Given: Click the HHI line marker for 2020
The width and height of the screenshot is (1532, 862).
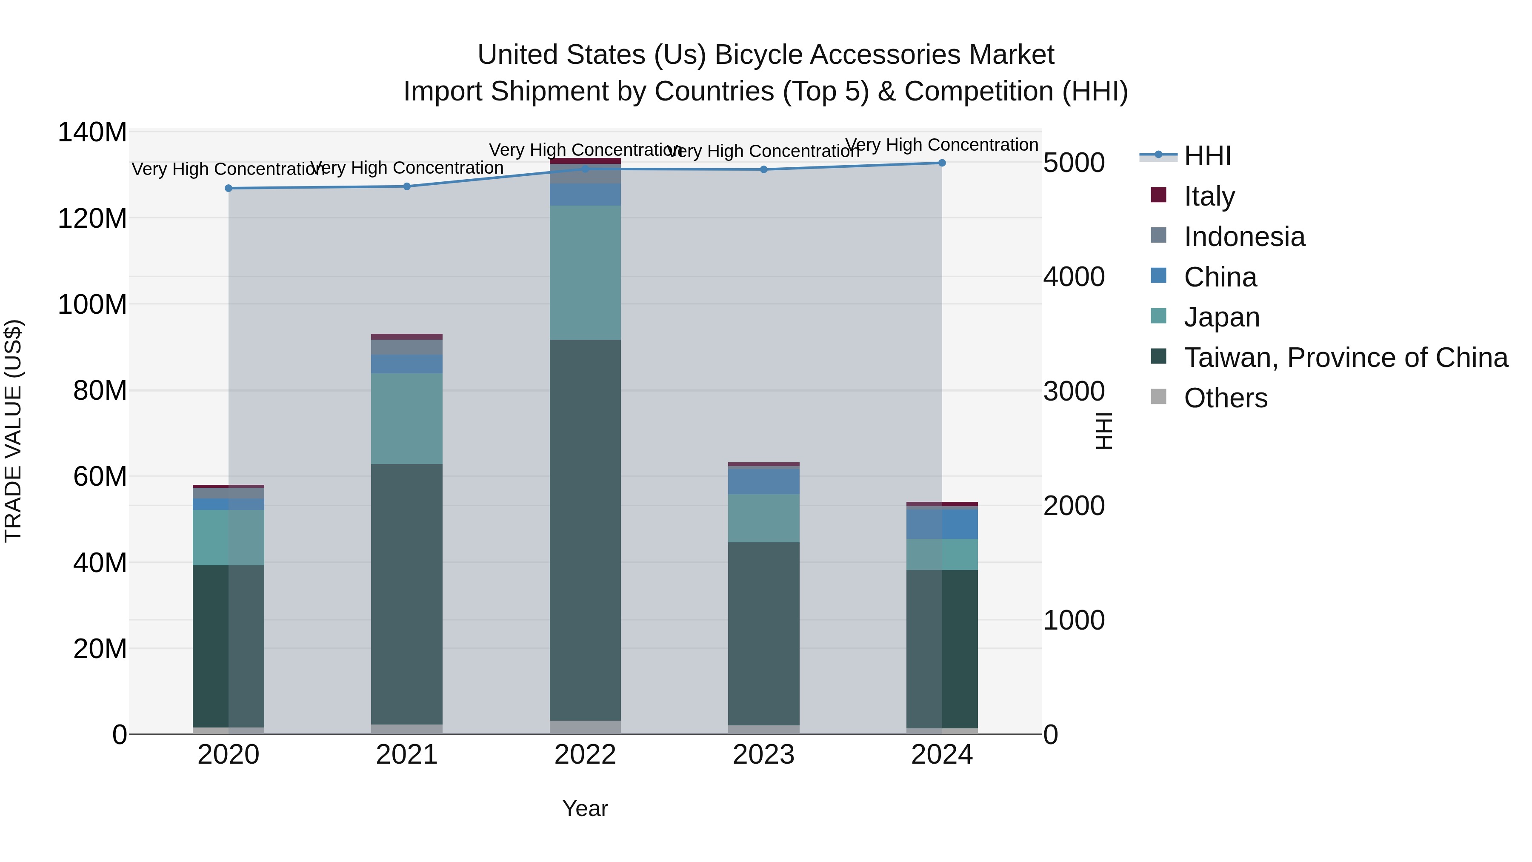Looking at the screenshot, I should (x=229, y=188).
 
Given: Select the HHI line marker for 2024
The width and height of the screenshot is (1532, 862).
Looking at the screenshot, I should (x=941, y=163).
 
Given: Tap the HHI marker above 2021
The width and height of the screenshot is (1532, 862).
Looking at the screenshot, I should (x=407, y=186).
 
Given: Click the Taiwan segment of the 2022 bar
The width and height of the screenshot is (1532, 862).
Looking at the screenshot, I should (x=585, y=530).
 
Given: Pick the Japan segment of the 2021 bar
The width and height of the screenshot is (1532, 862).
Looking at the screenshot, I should (x=407, y=418).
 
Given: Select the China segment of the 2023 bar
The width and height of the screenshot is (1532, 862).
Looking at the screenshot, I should (x=763, y=481).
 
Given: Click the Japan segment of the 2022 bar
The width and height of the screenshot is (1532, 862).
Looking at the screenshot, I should (x=585, y=272).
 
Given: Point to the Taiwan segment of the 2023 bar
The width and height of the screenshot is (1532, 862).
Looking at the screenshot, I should (x=763, y=633).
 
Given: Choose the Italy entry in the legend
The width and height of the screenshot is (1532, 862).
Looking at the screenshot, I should (x=1209, y=196).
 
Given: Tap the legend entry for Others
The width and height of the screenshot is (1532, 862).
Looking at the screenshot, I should (x=1225, y=398).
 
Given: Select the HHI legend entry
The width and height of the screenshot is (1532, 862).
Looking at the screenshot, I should (x=1207, y=156).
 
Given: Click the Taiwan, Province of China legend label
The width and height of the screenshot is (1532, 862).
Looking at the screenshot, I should (x=1345, y=358).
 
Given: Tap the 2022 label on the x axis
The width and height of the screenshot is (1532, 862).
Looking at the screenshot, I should (x=585, y=754).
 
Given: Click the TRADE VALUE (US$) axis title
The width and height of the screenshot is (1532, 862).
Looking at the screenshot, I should (x=13, y=431).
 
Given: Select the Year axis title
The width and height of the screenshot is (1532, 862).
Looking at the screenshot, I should (x=585, y=808).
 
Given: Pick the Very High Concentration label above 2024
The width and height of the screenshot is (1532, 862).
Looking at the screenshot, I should (x=941, y=145).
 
